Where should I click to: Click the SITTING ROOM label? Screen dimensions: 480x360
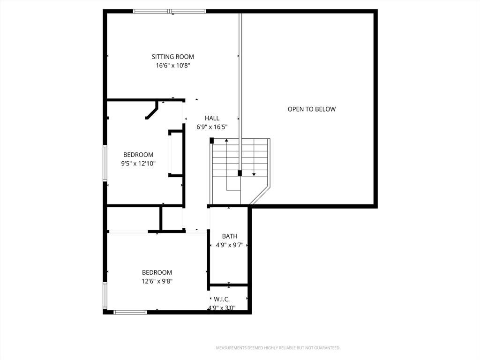click(x=172, y=57)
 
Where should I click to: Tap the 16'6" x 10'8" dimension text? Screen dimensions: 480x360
click(x=173, y=65)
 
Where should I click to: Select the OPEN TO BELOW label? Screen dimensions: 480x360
click(x=312, y=109)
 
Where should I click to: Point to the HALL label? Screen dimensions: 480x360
click(x=212, y=118)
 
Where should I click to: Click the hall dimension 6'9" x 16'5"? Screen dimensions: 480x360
click(x=212, y=127)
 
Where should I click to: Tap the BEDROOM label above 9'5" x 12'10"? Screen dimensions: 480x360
click(x=138, y=155)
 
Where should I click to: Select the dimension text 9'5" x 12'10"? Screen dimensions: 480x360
click(x=138, y=164)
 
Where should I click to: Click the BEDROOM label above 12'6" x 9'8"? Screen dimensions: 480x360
click(x=157, y=272)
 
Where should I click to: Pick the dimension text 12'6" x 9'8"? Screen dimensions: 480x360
click(x=157, y=281)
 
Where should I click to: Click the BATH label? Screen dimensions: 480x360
click(x=230, y=236)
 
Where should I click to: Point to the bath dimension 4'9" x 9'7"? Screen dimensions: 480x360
click(x=230, y=245)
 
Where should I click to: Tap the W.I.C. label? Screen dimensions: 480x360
click(x=222, y=300)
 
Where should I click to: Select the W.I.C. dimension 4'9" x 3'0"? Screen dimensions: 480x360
click(x=222, y=308)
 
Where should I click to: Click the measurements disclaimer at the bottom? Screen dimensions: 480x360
click(x=278, y=348)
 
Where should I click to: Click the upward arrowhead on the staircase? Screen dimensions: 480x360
click(x=226, y=140)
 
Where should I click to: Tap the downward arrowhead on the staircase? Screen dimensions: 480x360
click(x=254, y=174)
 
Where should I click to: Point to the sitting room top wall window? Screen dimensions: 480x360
click(x=170, y=11)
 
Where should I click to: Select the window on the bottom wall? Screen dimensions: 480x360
click(x=130, y=312)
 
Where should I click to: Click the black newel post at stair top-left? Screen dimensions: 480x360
click(x=211, y=141)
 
